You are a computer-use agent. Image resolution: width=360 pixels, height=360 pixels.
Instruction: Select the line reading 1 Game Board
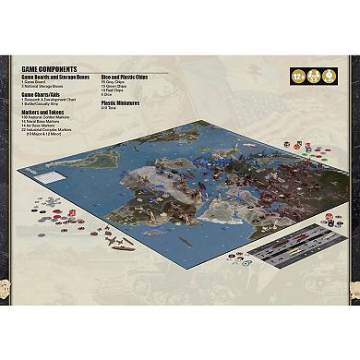pyautogui.click(x=36, y=81)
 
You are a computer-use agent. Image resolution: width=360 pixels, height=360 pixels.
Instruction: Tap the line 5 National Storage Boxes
pyautogui.click(x=45, y=86)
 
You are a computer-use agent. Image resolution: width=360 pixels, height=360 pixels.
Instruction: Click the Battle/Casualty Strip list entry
pyautogui.click(x=45, y=104)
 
